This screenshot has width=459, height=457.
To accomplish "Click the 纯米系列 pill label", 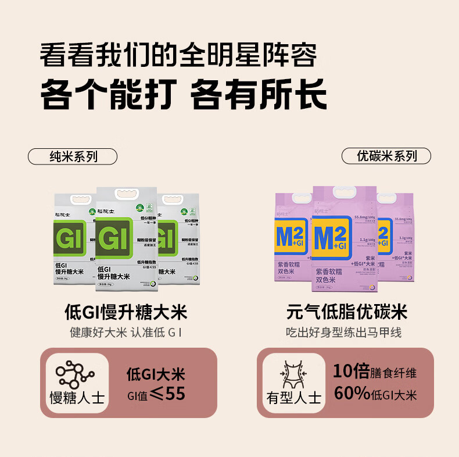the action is tap(73, 156).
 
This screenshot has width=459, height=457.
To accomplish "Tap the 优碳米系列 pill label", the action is tap(386, 156).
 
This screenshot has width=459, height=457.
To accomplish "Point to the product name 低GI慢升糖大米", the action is tap(125, 312).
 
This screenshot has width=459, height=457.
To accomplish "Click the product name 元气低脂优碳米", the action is tap(346, 312).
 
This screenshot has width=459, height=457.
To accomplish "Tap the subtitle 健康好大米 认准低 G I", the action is tap(126, 333).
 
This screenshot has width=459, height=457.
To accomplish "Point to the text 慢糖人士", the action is tap(77, 399).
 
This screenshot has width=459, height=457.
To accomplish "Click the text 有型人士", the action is tap(293, 399).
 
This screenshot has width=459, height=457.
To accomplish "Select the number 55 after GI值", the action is tap(175, 394).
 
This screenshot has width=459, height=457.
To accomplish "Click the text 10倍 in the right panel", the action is tap(351, 372).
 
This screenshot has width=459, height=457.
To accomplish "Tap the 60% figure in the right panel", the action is tap(352, 394).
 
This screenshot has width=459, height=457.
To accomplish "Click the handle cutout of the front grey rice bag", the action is tap(127, 193).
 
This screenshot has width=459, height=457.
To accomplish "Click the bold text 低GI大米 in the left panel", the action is tap(155, 374).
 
